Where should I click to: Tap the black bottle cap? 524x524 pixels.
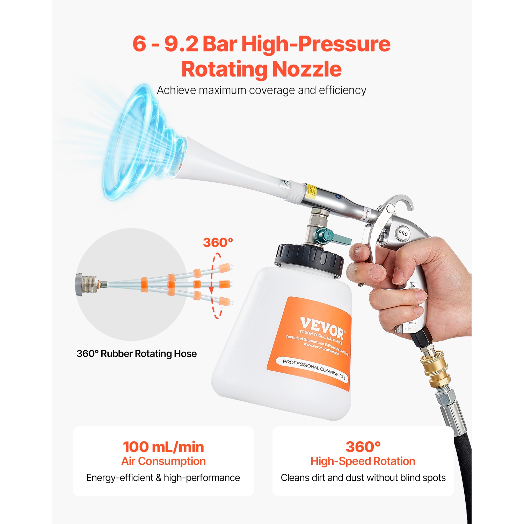pyautogui.click(x=309, y=259)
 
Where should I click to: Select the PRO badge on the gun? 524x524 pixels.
pyautogui.click(x=403, y=233)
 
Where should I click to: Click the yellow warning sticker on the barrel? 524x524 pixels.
pyautogui.click(x=311, y=191)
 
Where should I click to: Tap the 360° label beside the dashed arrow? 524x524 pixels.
pyautogui.click(x=218, y=242)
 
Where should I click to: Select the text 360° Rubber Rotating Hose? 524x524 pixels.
pyautogui.click(x=137, y=354)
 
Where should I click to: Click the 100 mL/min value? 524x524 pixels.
pyautogui.click(x=163, y=447)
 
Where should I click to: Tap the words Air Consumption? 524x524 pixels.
pyautogui.click(x=163, y=461)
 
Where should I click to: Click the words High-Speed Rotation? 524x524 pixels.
pyautogui.click(x=363, y=461)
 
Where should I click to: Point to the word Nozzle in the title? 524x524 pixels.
pyautogui.click(x=306, y=69)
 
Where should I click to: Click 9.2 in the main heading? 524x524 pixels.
pyautogui.click(x=181, y=44)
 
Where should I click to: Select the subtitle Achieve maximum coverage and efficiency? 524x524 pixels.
pyautogui.click(x=261, y=90)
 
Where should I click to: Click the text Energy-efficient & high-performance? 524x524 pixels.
pyautogui.click(x=163, y=478)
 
